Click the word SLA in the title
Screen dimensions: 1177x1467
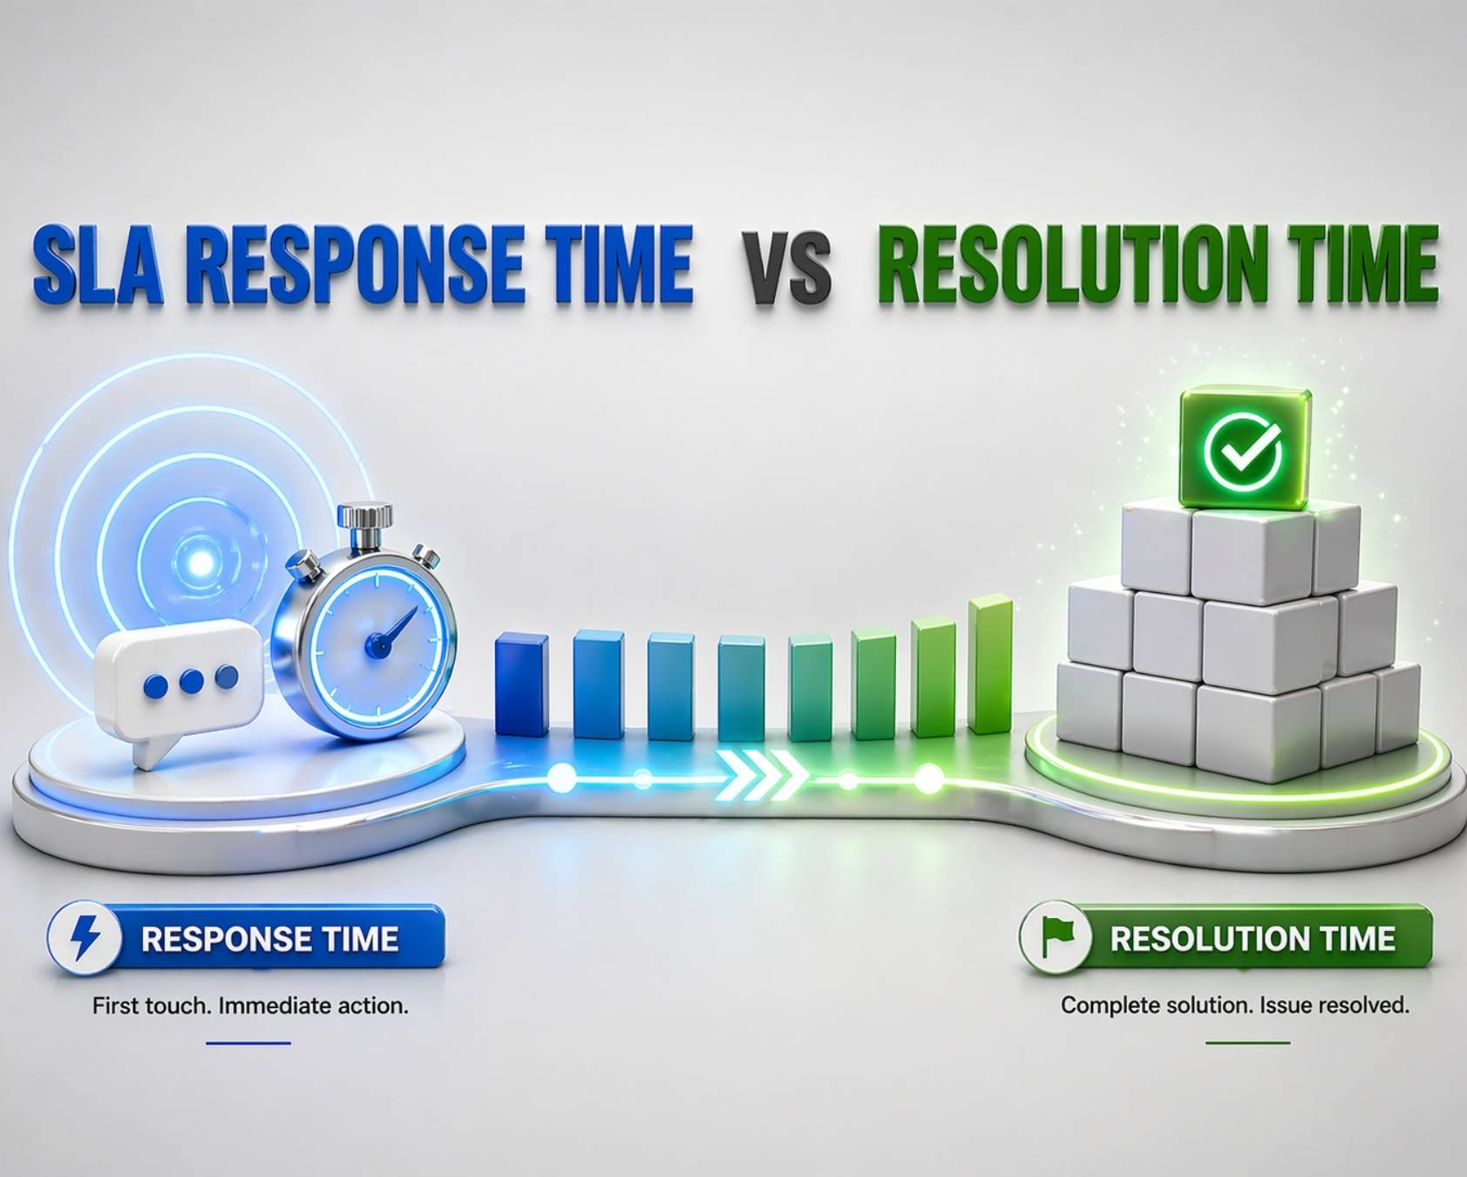click(98, 263)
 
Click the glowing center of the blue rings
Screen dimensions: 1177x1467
click(201, 563)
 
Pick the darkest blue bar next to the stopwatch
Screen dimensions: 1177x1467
click(521, 685)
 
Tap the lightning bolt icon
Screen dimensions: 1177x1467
click(85, 938)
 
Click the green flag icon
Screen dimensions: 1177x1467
click(1056, 937)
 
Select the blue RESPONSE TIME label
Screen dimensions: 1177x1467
click(270, 939)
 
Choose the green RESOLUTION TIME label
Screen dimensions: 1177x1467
click(1253, 939)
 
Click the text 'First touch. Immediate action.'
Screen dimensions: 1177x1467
click(250, 1006)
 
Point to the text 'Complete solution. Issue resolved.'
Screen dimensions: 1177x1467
click(1234, 1005)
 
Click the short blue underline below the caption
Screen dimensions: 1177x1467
click(248, 1043)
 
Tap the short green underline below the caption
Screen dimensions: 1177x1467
click(1247, 1043)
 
